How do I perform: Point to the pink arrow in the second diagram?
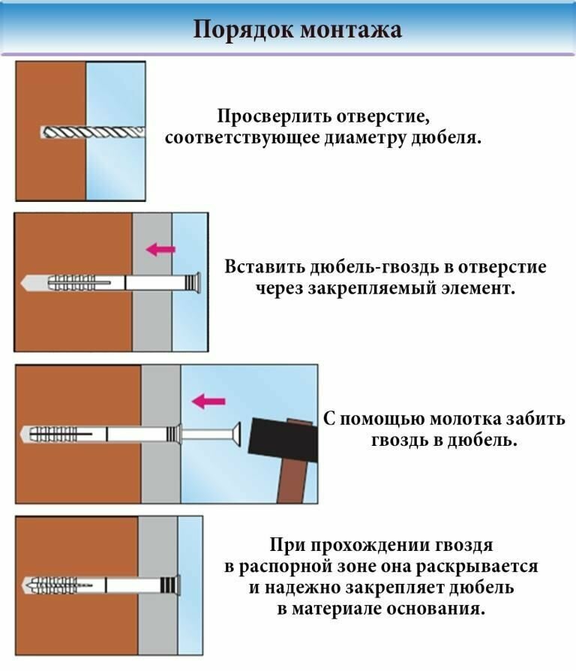(160, 249)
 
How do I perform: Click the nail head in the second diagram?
(197, 282)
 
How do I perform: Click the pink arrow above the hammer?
(208, 402)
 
